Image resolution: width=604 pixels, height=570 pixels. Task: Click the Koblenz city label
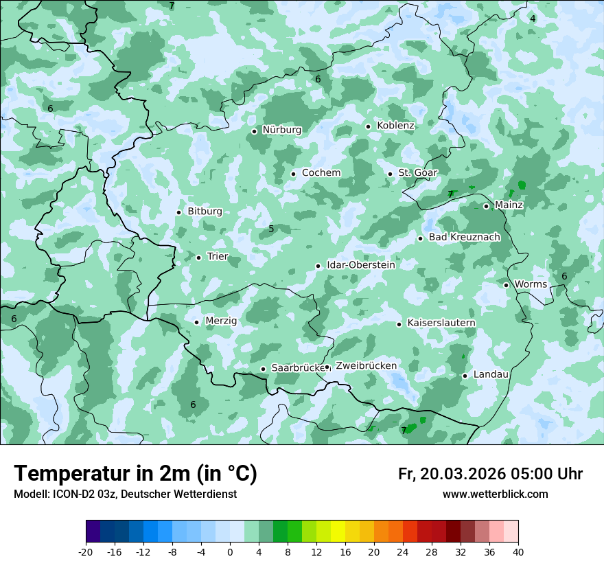point(395,126)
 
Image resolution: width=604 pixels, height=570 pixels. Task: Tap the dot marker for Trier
point(198,258)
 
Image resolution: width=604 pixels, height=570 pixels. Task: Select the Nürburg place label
point(281,130)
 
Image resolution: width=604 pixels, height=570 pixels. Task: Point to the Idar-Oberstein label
point(360,265)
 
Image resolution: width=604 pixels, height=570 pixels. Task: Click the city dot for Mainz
point(486,206)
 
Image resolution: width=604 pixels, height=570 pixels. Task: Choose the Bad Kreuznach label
point(464,237)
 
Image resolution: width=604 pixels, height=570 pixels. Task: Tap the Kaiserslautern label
point(441,323)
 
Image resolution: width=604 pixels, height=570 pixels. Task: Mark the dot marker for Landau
point(465,376)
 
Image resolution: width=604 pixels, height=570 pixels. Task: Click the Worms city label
point(531,284)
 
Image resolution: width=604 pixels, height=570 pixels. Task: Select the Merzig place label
point(221,321)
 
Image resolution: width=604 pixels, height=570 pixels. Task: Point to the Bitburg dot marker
point(178,212)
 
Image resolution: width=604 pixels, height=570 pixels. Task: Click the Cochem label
point(321,172)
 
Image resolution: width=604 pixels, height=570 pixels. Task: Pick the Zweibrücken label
point(366,366)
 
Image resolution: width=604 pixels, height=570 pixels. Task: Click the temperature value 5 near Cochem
point(271,229)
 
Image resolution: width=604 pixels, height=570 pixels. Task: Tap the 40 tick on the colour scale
point(518,552)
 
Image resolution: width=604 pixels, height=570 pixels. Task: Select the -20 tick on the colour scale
point(86,552)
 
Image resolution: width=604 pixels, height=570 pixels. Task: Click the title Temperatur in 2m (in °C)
point(135,474)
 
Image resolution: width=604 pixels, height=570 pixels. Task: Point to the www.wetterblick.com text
point(495,494)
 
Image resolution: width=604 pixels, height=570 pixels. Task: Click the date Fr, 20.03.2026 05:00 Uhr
point(490,474)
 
